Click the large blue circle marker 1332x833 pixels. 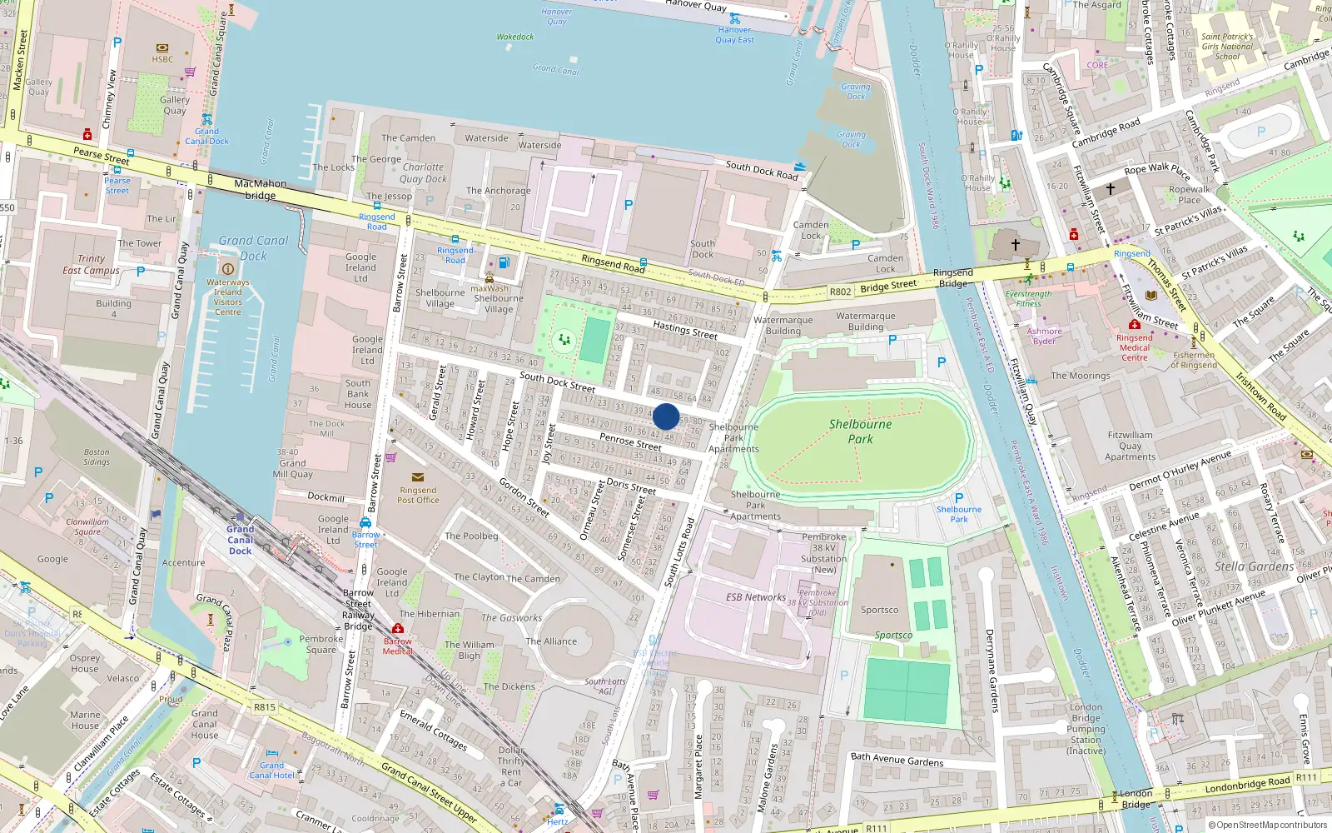click(x=666, y=416)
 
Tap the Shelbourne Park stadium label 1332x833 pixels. click(x=860, y=431)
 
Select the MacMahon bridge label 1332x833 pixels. click(x=260, y=189)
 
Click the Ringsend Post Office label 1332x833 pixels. click(x=418, y=495)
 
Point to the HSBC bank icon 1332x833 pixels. click(x=162, y=48)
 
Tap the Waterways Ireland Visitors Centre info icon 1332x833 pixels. click(x=227, y=268)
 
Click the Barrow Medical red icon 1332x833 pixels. click(x=398, y=628)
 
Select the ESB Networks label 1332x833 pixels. click(x=755, y=597)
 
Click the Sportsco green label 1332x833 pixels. click(x=893, y=636)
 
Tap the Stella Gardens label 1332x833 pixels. click(x=1254, y=566)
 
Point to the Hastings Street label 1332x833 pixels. click(x=684, y=330)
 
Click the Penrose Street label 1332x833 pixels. click(x=630, y=441)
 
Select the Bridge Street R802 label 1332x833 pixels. click(x=887, y=287)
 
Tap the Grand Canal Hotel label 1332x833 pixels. click(x=272, y=771)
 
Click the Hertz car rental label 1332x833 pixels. click(x=558, y=821)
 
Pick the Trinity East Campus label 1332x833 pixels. click(x=91, y=265)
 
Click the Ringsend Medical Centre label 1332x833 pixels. click(x=1134, y=347)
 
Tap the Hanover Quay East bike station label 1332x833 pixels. click(x=734, y=35)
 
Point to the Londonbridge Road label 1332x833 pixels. click(x=1248, y=784)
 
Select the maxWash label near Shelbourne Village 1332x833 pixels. click(x=489, y=289)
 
